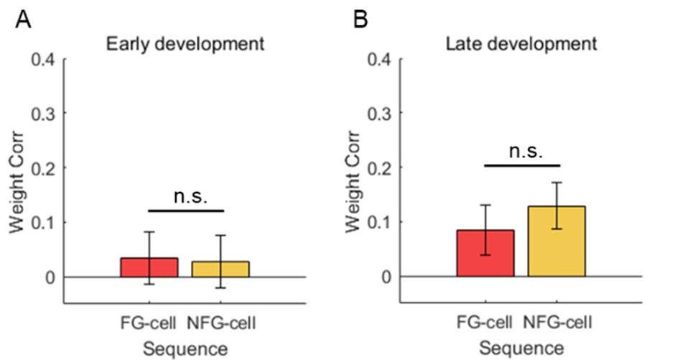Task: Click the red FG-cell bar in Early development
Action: click(x=149, y=267)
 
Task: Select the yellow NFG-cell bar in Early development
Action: click(x=220, y=269)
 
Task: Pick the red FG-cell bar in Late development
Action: click(x=485, y=253)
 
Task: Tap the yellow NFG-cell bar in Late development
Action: click(x=557, y=241)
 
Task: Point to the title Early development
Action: click(x=185, y=44)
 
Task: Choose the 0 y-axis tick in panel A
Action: click(x=49, y=277)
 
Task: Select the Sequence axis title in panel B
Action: click(x=522, y=349)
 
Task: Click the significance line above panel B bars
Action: click(x=521, y=165)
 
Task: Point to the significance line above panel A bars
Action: click(x=186, y=211)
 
